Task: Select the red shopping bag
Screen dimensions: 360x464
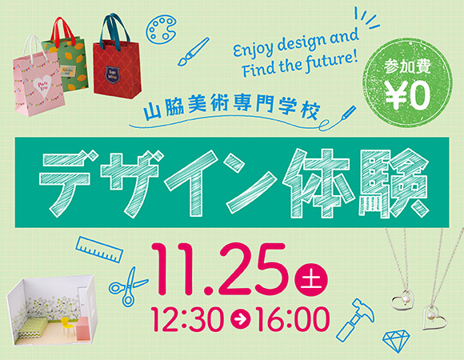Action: pyautogui.click(x=112, y=60)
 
